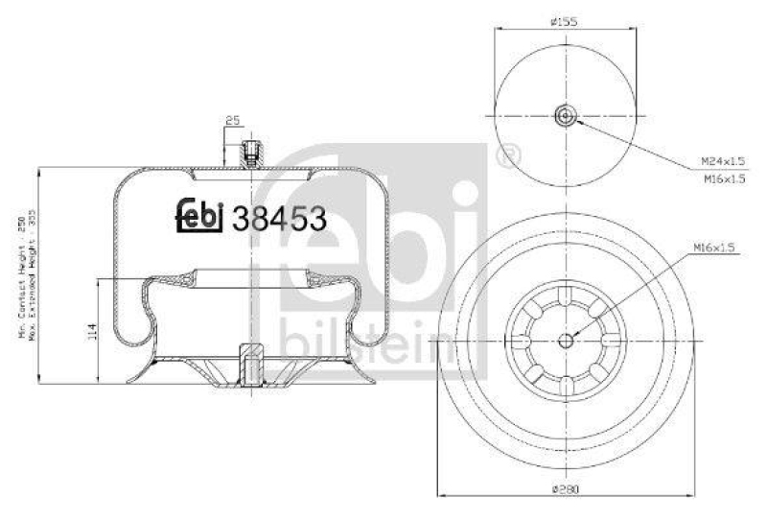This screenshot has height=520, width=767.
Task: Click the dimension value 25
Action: pyautogui.click(x=231, y=121)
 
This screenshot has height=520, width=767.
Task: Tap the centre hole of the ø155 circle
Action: pyautogui.click(x=566, y=117)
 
